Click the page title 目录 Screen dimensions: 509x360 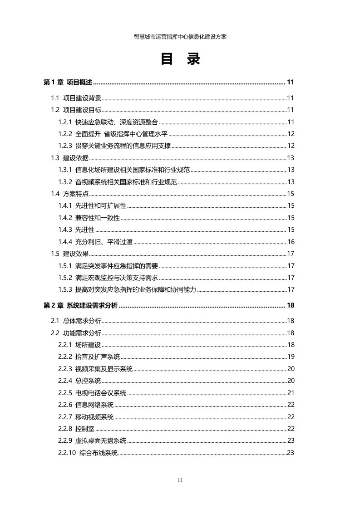pyautogui.click(x=180, y=59)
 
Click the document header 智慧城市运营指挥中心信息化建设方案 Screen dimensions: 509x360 pyautogui.click(x=180, y=37)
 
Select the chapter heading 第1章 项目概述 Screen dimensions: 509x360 pyautogui.click(x=68, y=83)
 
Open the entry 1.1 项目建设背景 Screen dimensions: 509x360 pyautogui.click(x=76, y=98)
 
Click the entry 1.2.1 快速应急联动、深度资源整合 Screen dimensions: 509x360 pyautogui.click(x=108, y=122)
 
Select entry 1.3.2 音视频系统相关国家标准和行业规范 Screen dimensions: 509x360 pyautogui.click(x=117, y=182)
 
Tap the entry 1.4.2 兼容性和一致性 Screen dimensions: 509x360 pyautogui.click(x=89, y=218)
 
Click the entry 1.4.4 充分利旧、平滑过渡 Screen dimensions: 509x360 pyautogui.click(x=95, y=242)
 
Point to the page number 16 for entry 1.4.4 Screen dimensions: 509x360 pyautogui.click(x=291, y=242)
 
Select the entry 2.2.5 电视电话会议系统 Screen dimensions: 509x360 pyautogui.click(x=92, y=392)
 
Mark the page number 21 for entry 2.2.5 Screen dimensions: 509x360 pyautogui.click(x=291, y=392)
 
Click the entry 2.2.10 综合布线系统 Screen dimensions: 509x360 pyautogui.click(x=88, y=453)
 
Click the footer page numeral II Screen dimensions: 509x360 pyautogui.click(x=180, y=480)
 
